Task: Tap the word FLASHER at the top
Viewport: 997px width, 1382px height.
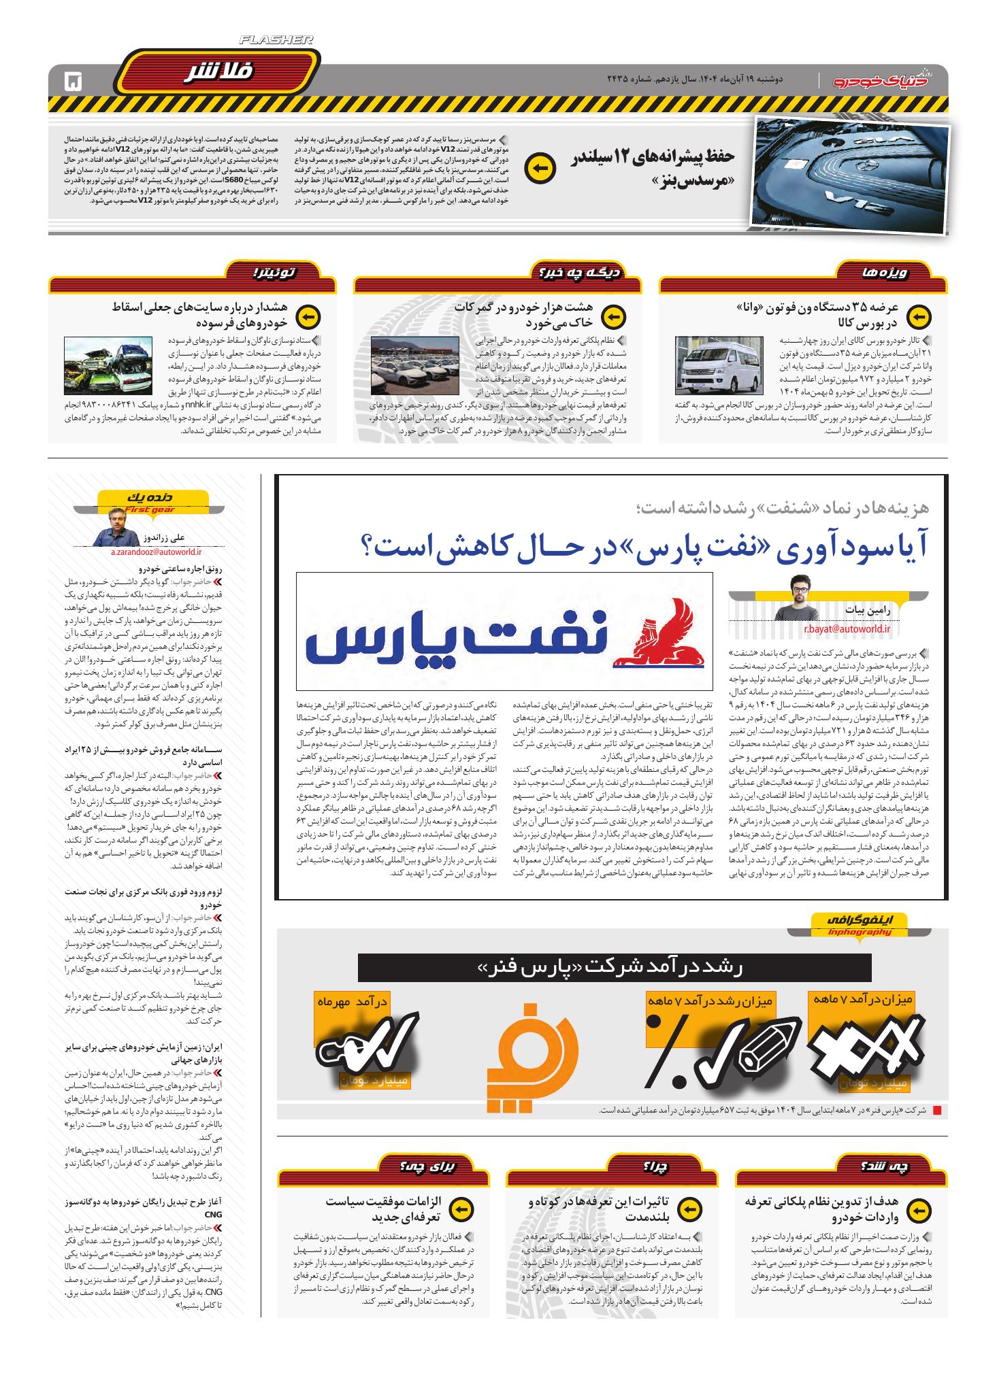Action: pos(276,41)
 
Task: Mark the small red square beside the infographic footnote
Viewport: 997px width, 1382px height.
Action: pos(937,1110)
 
